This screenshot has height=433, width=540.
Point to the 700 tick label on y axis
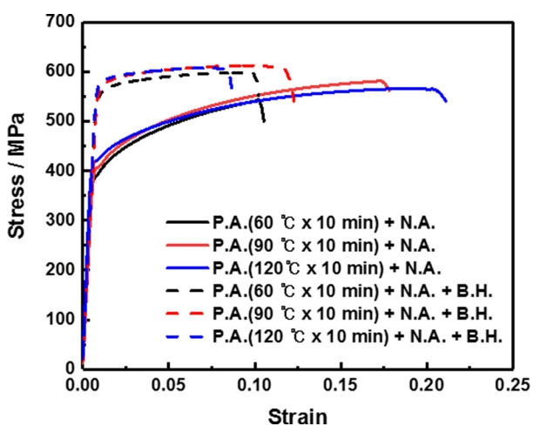pos(61,22)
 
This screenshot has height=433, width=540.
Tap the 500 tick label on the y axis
pos(61,121)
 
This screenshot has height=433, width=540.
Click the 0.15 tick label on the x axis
pos(341,383)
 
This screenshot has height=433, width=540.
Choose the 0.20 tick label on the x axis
pos(427,383)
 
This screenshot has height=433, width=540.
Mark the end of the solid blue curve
pos(446,102)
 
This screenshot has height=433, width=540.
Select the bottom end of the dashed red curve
pos(294,103)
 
